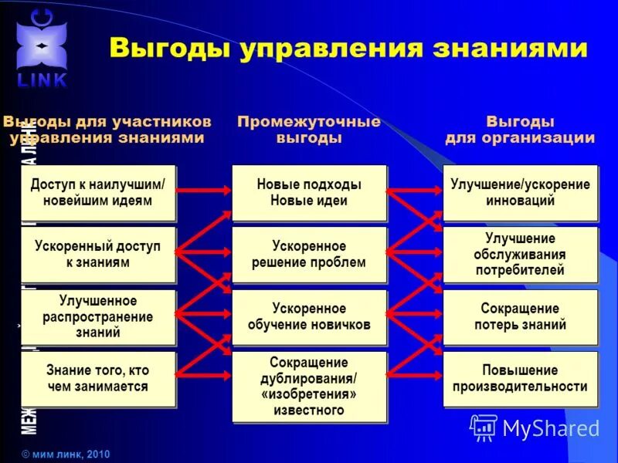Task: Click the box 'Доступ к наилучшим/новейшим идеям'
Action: point(97,193)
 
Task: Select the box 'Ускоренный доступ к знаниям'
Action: point(97,255)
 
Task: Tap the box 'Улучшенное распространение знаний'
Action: point(97,316)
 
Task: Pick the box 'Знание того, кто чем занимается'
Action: point(97,379)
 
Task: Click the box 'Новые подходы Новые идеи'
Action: point(309,193)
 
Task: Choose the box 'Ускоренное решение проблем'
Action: point(309,255)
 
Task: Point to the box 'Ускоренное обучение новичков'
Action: point(309,316)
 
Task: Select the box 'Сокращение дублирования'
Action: point(309,386)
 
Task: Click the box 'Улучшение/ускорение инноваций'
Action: point(520,192)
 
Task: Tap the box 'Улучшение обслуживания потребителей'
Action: point(520,255)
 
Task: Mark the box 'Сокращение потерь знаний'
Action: point(520,316)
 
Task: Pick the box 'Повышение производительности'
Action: point(520,379)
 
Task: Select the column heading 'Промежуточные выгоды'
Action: point(309,130)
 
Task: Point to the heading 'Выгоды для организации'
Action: point(520,130)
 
